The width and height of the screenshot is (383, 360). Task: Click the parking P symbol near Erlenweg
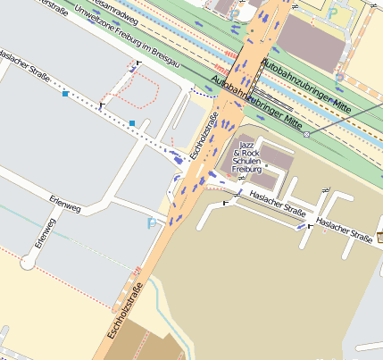(x=150, y=222)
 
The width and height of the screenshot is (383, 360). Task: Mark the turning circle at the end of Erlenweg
(x=29, y=264)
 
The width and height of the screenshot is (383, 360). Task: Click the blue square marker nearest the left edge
(x=65, y=93)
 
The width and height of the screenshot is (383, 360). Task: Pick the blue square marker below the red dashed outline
(x=132, y=122)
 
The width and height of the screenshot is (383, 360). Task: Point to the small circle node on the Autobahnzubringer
(x=306, y=134)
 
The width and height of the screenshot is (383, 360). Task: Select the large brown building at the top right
(x=313, y=40)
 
